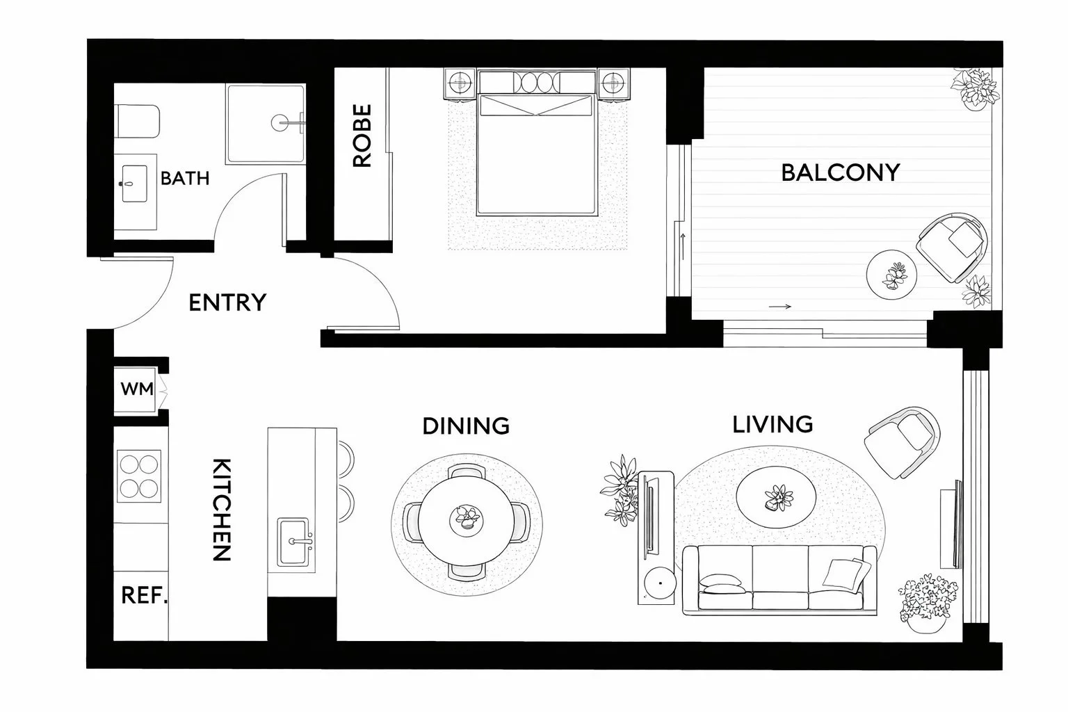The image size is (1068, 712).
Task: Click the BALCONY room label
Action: [840, 172]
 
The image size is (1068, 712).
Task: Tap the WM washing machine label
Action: [137, 389]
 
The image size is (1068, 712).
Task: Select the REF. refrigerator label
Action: [145, 595]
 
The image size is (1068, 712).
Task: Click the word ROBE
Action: [362, 136]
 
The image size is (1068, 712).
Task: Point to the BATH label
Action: [185, 178]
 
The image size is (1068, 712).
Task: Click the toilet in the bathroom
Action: [137, 122]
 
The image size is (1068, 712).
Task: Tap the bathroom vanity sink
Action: [134, 184]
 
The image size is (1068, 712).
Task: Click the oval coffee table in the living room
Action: [776, 497]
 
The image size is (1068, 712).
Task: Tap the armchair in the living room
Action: [901, 442]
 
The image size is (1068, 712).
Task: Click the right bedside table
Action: [614, 83]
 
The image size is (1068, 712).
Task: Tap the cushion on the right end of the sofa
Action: [845, 572]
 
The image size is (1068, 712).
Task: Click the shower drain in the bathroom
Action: [280, 123]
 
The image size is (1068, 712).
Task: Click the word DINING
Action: [466, 425]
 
